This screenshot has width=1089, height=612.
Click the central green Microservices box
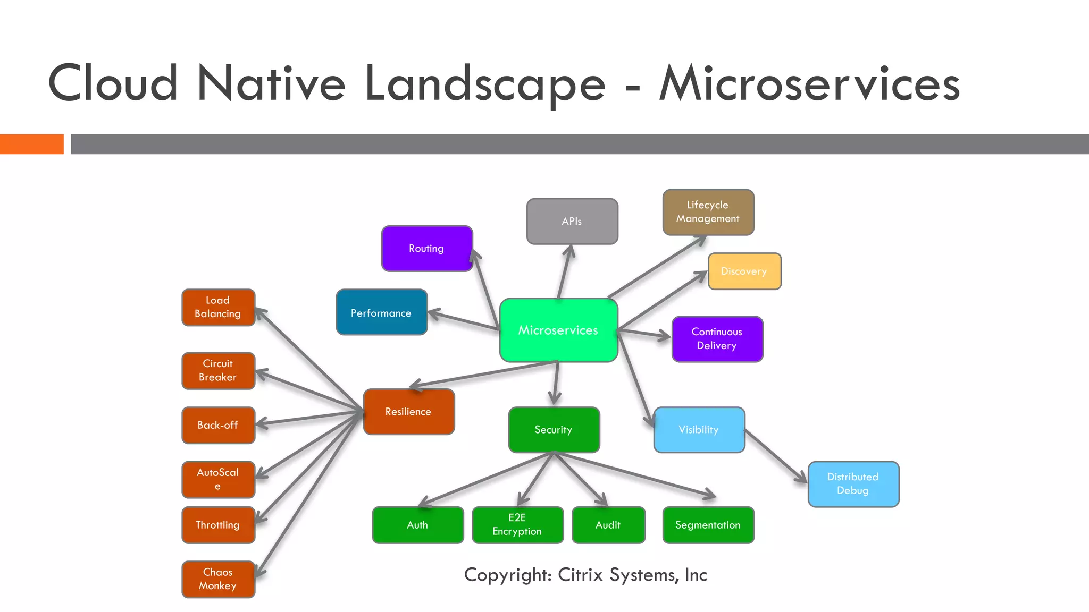pyautogui.click(x=558, y=330)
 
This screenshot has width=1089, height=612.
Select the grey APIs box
pyautogui.click(x=572, y=222)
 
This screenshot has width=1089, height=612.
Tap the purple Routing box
pyautogui.click(x=426, y=249)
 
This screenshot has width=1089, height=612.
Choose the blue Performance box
pyautogui.click(x=381, y=312)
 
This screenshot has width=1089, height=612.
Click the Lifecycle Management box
pyautogui.click(x=708, y=212)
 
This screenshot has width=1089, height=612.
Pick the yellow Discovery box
pyautogui.click(x=744, y=271)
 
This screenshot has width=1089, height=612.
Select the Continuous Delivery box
pyautogui.click(x=717, y=339)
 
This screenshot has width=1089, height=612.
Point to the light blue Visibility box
pyautogui.click(x=699, y=429)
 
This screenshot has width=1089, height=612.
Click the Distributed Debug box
pyautogui.click(x=853, y=484)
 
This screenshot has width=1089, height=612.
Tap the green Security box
pyautogui.click(x=554, y=429)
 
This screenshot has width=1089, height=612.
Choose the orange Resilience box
pyautogui.click(x=408, y=412)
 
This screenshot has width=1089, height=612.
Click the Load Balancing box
pyautogui.click(x=218, y=307)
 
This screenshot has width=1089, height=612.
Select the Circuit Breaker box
pyautogui.click(x=218, y=370)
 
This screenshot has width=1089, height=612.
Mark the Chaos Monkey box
pyautogui.click(x=218, y=579)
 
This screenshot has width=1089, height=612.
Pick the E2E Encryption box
pyautogui.click(x=517, y=525)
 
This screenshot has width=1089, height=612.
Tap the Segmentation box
pyautogui.click(x=708, y=525)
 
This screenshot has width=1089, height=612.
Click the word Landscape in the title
pyautogui.click(x=485, y=83)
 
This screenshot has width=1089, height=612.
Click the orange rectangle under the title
pyautogui.click(x=31, y=144)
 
